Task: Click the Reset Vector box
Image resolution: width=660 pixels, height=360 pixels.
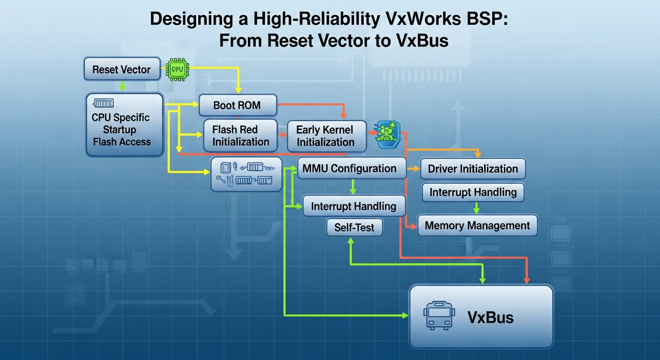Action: pyautogui.click(x=122, y=69)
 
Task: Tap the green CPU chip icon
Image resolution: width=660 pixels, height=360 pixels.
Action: pyautogui.click(x=177, y=69)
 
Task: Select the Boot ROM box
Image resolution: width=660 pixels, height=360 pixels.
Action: pyautogui.click(x=238, y=105)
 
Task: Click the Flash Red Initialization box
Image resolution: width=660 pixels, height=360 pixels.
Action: pyautogui.click(x=240, y=135)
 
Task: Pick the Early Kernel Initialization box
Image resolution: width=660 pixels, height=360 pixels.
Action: pyautogui.click(x=326, y=136)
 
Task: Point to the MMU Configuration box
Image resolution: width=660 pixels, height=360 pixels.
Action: pyautogui.click(x=352, y=168)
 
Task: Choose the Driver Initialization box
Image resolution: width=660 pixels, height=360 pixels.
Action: pyautogui.click(x=472, y=168)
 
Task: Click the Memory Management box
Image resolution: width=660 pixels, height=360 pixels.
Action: pyautogui.click(x=477, y=225)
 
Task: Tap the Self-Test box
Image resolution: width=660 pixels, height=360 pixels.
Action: pyautogui.click(x=354, y=227)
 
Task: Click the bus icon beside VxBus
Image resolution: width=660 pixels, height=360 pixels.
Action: pyautogui.click(x=439, y=315)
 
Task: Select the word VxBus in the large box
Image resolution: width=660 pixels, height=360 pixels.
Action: pyautogui.click(x=490, y=317)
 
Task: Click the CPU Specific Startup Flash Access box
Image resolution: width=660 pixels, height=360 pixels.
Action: pyautogui.click(x=124, y=125)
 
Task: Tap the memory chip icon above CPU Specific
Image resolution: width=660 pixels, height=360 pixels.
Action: pyautogui.click(x=104, y=103)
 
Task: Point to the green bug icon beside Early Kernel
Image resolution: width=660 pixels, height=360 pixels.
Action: pyautogui.click(x=387, y=135)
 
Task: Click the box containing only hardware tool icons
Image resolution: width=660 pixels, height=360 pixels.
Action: pyautogui.click(x=246, y=174)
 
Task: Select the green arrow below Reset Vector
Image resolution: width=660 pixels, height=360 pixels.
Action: pyautogui.click(x=122, y=86)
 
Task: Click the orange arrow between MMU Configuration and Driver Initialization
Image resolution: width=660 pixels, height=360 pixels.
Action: pyautogui.click(x=413, y=168)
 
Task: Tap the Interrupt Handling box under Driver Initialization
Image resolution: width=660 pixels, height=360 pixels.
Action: pyautogui.click(x=473, y=192)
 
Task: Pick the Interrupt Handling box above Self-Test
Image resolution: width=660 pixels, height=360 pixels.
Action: pyautogui.click(x=354, y=206)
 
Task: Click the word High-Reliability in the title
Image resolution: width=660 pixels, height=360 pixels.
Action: pyautogui.click(x=317, y=19)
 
